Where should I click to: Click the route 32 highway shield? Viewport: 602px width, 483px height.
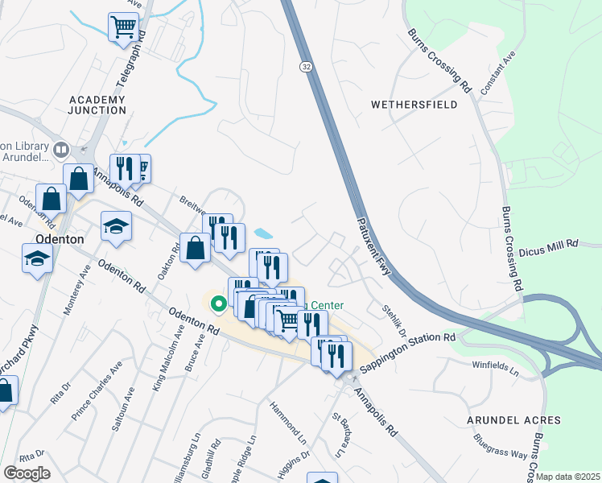pyautogui.click(x=306, y=65)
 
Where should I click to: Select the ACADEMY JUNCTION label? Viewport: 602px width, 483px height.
pyautogui.click(x=97, y=105)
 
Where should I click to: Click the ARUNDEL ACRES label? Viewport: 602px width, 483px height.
pyautogui.click(x=513, y=420)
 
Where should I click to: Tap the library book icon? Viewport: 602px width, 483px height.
pyautogui.click(x=61, y=151)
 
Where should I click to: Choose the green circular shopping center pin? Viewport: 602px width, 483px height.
pyautogui.click(x=217, y=304)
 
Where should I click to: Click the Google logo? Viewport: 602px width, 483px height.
pyautogui.click(x=27, y=473)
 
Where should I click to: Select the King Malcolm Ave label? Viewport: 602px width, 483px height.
pyautogui.click(x=162, y=365)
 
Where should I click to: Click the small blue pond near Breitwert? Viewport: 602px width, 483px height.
pyautogui.click(x=263, y=234)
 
